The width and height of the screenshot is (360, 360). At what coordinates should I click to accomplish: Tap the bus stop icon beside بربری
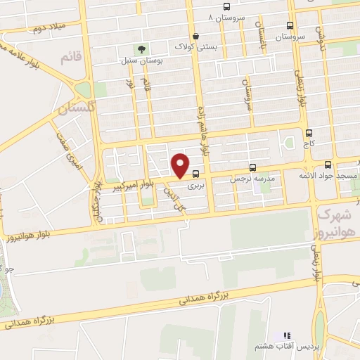point(196,174)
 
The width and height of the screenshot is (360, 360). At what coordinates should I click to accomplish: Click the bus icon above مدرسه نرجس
point(253,168)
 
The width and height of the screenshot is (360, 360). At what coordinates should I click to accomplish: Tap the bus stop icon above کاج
point(309,131)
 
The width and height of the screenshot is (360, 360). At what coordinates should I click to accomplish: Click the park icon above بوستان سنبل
point(141,49)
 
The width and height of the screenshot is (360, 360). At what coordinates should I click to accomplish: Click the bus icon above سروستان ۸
point(226,6)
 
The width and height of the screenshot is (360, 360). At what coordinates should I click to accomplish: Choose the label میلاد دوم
point(49,26)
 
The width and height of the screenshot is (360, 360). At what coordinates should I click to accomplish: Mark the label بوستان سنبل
point(141,61)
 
